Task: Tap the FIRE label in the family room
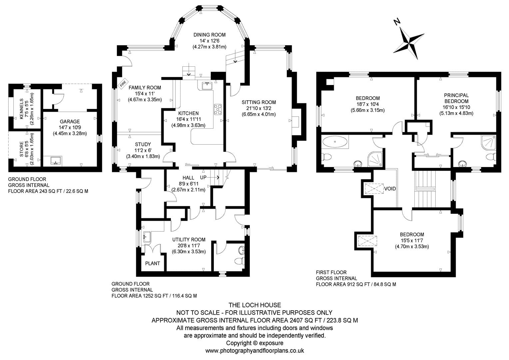click(123, 84)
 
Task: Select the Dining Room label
click(209, 35)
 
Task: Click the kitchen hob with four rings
click(218, 110)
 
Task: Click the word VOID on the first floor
click(390, 189)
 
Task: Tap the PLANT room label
click(153, 263)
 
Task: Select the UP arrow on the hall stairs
click(214, 177)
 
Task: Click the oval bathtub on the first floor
click(335, 142)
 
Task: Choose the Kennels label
click(22, 109)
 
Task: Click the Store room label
click(22, 149)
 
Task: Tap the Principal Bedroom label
click(456, 98)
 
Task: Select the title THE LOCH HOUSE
click(255, 305)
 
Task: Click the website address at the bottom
click(255, 351)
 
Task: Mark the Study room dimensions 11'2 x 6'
click(143, 150)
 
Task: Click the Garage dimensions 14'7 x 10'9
click(70, 128)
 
